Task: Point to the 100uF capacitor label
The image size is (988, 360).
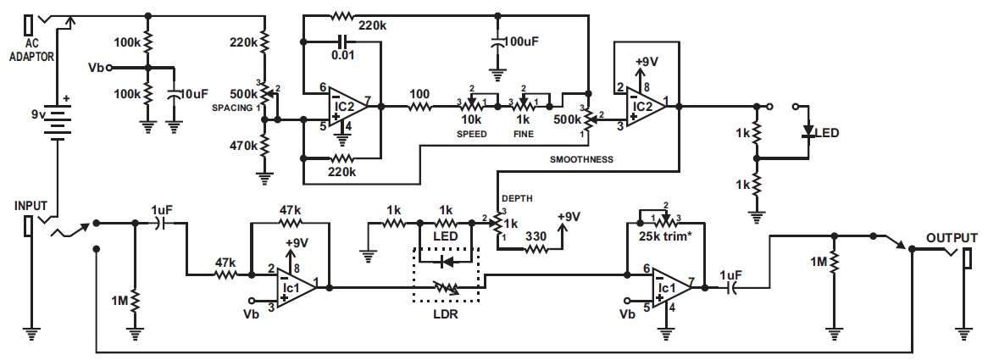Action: pyautogui.click(x=523, y=42)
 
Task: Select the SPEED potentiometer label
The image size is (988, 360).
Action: pyautogui.click(x=472, y=134)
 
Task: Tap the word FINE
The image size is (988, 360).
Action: pyautogui.click(x=523, y=134)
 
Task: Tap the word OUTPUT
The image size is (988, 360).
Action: pyautogui.click(x=952, y=238)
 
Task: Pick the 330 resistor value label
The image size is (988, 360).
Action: pyautogui.click(x=537, y=236)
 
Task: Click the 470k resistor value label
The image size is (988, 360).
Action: pyautogui.click(x=244, y=146)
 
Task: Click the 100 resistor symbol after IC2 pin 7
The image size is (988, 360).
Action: pyautogui.click(x=419, y=107)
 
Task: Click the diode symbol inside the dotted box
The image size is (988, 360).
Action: pyautogui.click(x=447, y=261)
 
